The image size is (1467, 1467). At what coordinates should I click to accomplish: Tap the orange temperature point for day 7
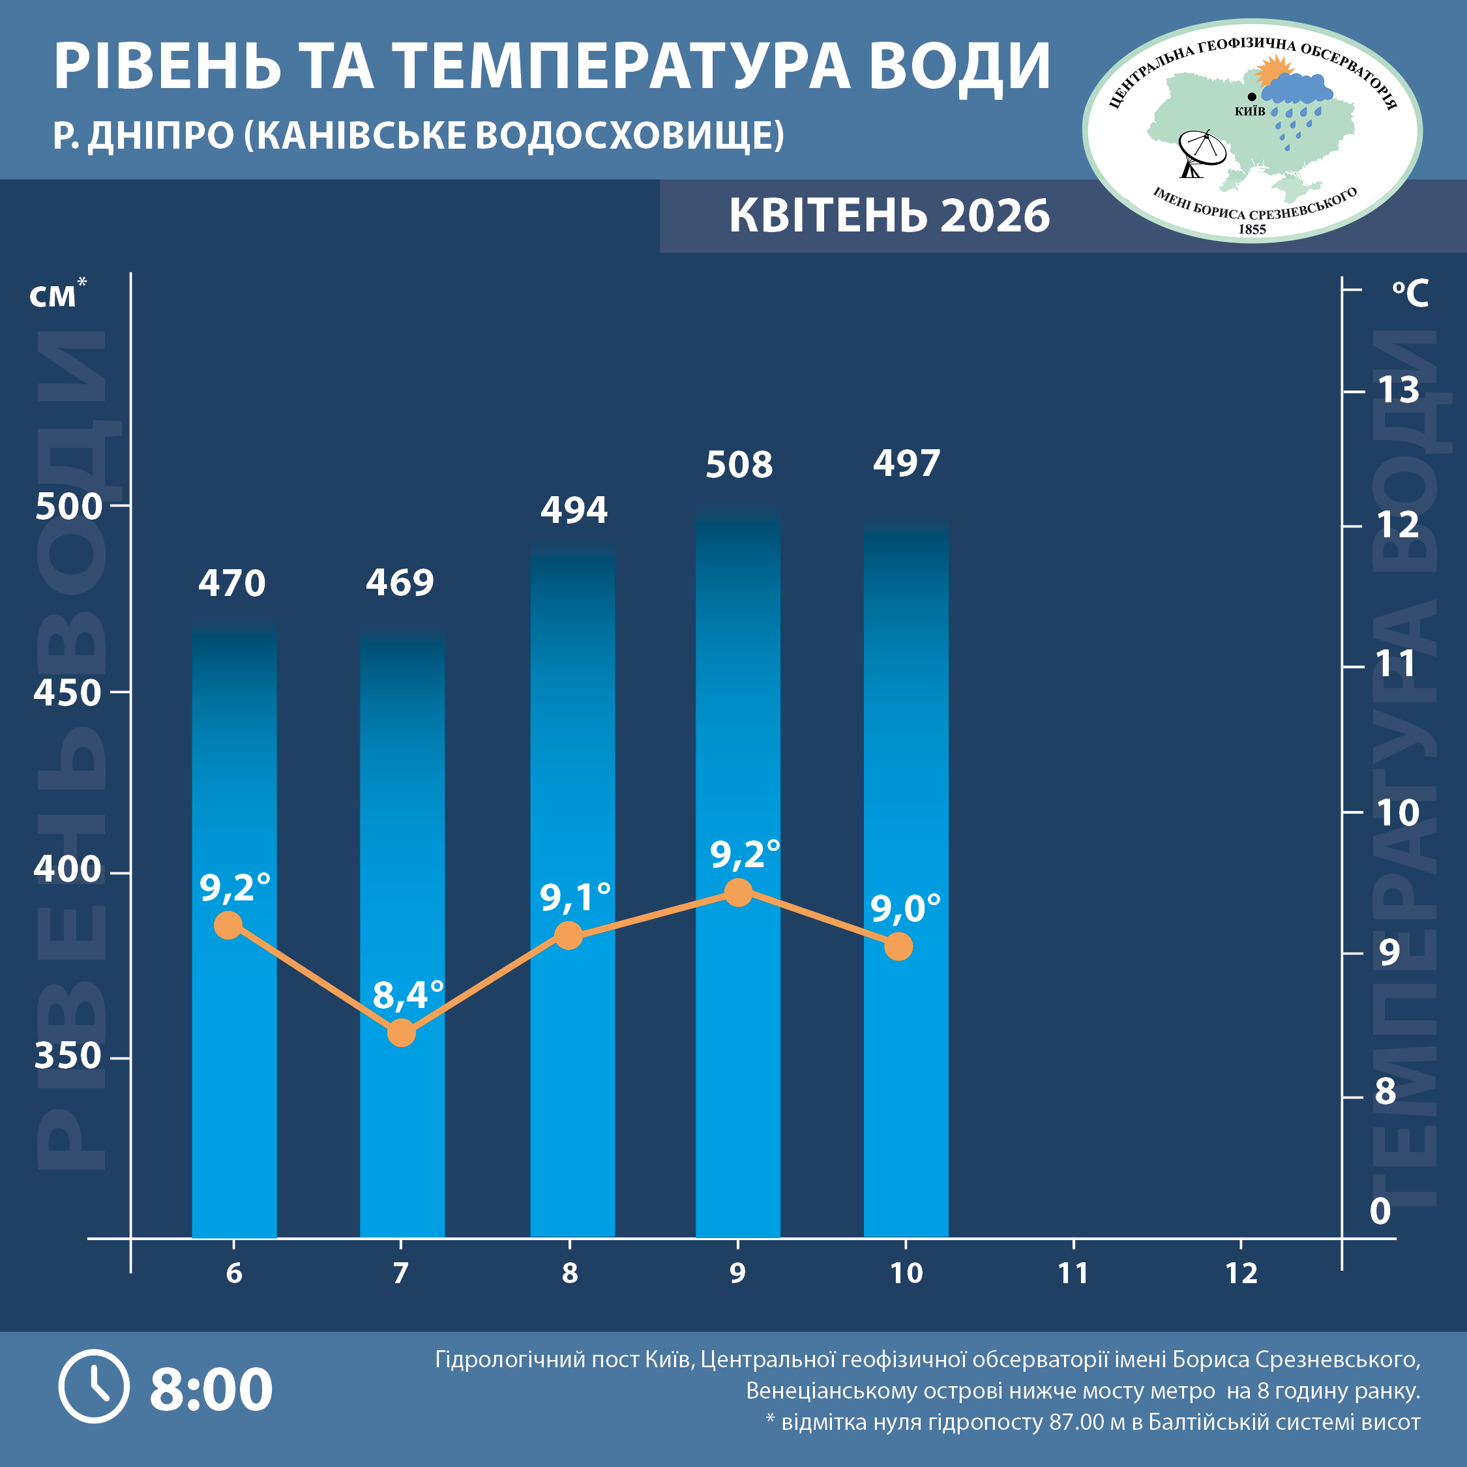[401, 1033]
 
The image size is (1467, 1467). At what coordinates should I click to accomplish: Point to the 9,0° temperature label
[905, 908]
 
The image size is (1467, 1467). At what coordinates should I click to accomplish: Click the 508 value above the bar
[739, 465]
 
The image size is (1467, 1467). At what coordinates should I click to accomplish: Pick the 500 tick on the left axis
[68, 507]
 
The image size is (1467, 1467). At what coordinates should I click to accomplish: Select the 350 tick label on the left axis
[68, 1056]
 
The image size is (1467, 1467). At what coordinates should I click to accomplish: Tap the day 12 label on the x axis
[1241, 1273]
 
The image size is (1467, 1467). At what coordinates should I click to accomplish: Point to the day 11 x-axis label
[1073, 1273]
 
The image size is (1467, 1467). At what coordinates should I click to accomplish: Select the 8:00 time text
[211, 1388]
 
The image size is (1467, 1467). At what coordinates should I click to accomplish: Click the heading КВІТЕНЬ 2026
[889, 216]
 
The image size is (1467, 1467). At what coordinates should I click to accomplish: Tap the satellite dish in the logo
[1200, 153]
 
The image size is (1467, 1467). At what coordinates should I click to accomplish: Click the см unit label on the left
[53, 295]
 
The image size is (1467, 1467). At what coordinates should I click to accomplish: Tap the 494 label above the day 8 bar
[574, 509]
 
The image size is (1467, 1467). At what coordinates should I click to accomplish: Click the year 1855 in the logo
[1252, 229]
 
